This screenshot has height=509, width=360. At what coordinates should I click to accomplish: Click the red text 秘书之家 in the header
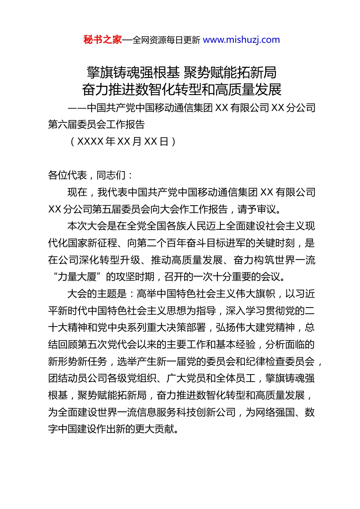[x=103, y=40]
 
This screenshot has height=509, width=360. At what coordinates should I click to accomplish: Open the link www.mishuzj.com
[x=241, y=40]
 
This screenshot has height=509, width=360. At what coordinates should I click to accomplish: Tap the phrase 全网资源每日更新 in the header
[x=166, y=40]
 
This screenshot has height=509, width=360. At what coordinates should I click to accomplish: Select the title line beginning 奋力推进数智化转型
[x=182, y=89]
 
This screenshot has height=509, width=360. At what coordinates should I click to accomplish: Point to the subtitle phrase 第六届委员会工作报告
[x=96, y=124]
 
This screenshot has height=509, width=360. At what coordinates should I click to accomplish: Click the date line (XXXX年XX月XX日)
[x=123, y=141]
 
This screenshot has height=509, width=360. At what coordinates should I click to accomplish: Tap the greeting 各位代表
[x=67, y=175]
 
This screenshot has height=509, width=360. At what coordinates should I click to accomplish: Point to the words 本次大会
[x=87, y=226]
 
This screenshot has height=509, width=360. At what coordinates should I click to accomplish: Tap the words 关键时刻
[x=275, y=243]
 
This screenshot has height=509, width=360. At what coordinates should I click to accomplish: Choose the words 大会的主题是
[x=97, y=294]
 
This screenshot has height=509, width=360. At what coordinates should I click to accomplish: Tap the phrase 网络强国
[x=275, y=412]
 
